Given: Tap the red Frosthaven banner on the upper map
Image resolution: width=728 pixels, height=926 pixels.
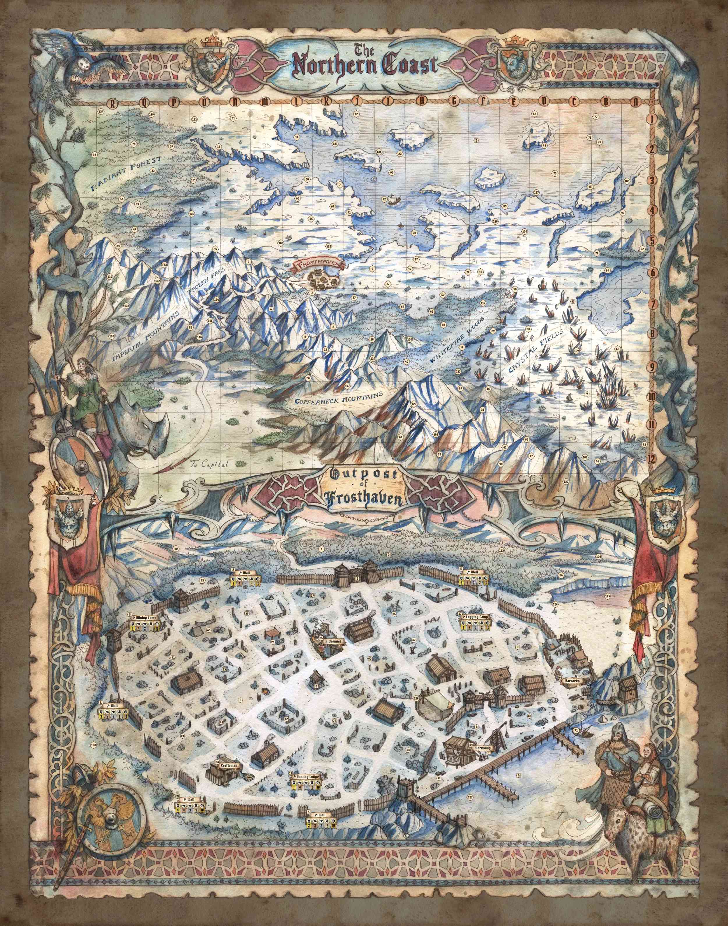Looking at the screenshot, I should click(x=319, y=265).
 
